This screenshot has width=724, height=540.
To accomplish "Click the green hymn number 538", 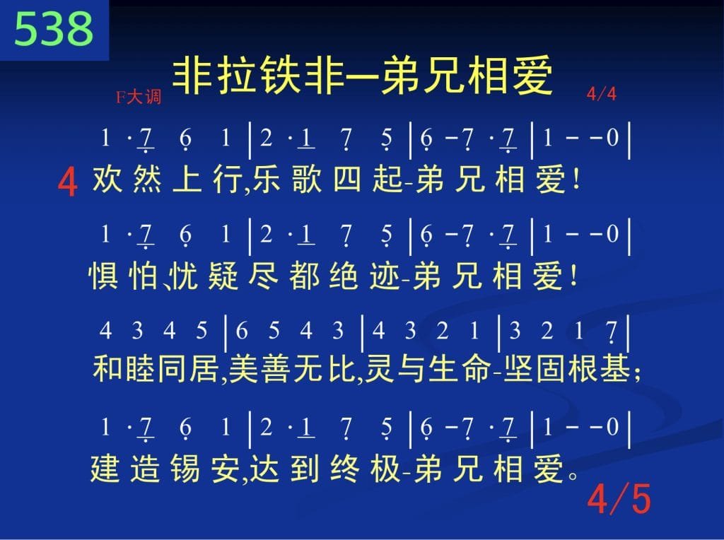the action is pyautogui.click(x=54, y=28).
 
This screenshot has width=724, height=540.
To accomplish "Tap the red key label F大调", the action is pyautogui.click(x=139, y=98).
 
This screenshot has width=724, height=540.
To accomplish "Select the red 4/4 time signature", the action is pyautogui.click(x=601, y=94).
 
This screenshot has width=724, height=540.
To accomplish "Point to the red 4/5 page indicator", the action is pyautogui.click(x=619, y=499).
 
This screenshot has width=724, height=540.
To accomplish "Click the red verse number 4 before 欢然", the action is pyautogui.click(x=67, y=182).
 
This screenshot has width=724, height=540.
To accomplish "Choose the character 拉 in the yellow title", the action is pyautogui.click(x=238, y=76).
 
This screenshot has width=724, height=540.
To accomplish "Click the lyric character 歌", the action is pyautogui.click(x=307, y=179).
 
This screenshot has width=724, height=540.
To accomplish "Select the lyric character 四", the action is pyautogui.click(x=347, y=179).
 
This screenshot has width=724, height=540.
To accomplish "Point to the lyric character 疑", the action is pyautogui.click(x=223, y=276).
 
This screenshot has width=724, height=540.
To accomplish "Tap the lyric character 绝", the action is pyautogui.click(x=344, y=276).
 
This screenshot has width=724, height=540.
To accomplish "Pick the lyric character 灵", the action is pyautogui.click(x=380, y=369).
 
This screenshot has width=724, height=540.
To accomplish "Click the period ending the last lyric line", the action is pyautogui.click(x=573, y=475).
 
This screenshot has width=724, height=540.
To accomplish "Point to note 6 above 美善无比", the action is pyautogui.click(x=242, y=331).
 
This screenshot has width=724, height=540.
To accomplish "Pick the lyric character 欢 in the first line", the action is pyautogui.click(x=107, y=179).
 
